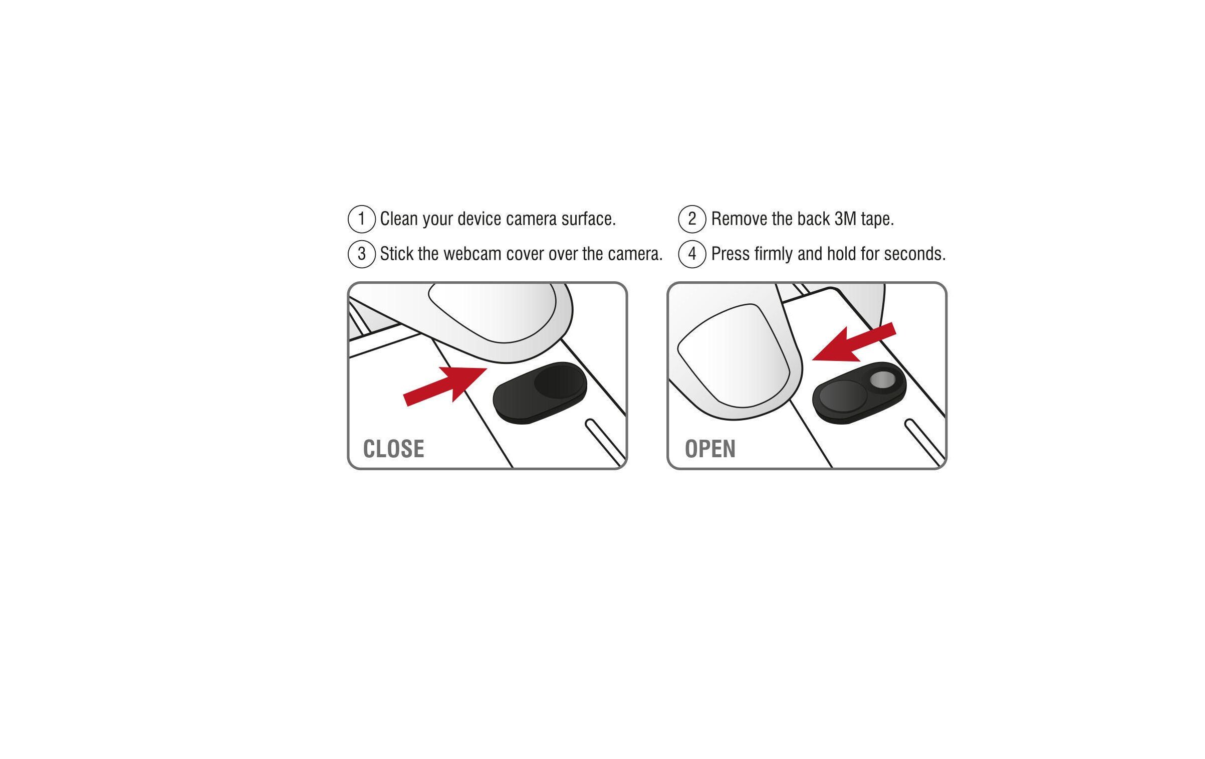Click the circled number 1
coord(361,219)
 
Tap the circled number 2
coord(692,219)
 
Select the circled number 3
coord(361,254)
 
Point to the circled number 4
coord(692,254)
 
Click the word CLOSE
coord(393,449)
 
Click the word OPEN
coord(710,449)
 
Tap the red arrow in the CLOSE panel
coord(445,386)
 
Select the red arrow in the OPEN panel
coord(854,344)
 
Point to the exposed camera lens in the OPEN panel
coord(883,380)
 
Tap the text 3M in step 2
coord(845,219)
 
